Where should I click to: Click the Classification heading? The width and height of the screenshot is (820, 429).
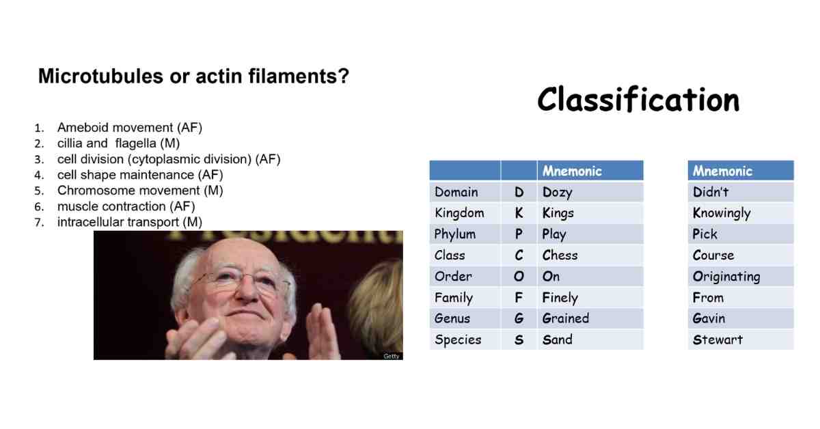coord(638,100)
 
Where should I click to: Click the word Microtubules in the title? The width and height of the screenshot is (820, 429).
coord(100,76)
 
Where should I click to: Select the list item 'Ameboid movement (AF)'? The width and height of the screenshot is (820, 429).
coord(130,128)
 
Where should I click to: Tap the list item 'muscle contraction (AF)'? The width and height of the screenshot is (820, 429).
coord(126,206)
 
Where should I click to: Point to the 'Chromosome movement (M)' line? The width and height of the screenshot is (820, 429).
coord(140,191)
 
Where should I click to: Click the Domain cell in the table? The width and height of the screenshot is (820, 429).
coord(456,192)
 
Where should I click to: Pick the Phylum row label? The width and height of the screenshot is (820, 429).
coord(455,234)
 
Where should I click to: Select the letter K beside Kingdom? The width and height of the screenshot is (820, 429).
coord(519,213)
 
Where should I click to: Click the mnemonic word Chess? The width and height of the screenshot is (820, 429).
coord(560,255)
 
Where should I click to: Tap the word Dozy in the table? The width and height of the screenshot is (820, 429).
coord(557,192)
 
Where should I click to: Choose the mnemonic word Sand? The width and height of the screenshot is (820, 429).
coord(557,340)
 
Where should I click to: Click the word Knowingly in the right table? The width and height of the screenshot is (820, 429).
coord(722,213)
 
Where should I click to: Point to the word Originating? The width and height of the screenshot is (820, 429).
coord(726,277)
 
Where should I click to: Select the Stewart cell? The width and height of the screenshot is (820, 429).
coord(717,340)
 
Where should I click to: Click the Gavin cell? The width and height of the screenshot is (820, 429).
coord(709,318)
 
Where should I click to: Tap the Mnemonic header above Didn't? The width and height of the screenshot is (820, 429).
coord(722,171)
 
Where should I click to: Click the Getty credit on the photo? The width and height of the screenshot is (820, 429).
coord(392,356)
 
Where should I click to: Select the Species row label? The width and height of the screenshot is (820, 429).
coord(458,340)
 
